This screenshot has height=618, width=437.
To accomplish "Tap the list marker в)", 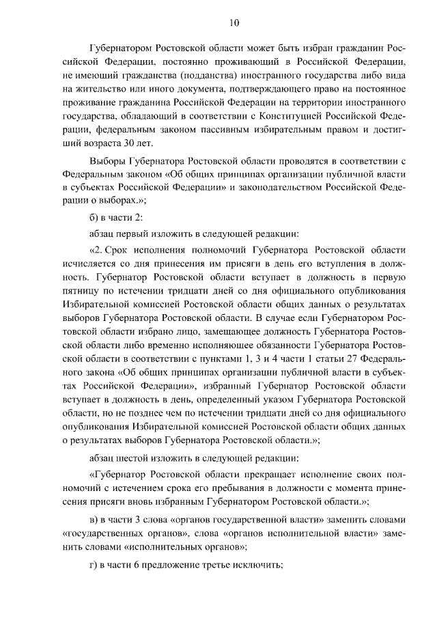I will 95,518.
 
